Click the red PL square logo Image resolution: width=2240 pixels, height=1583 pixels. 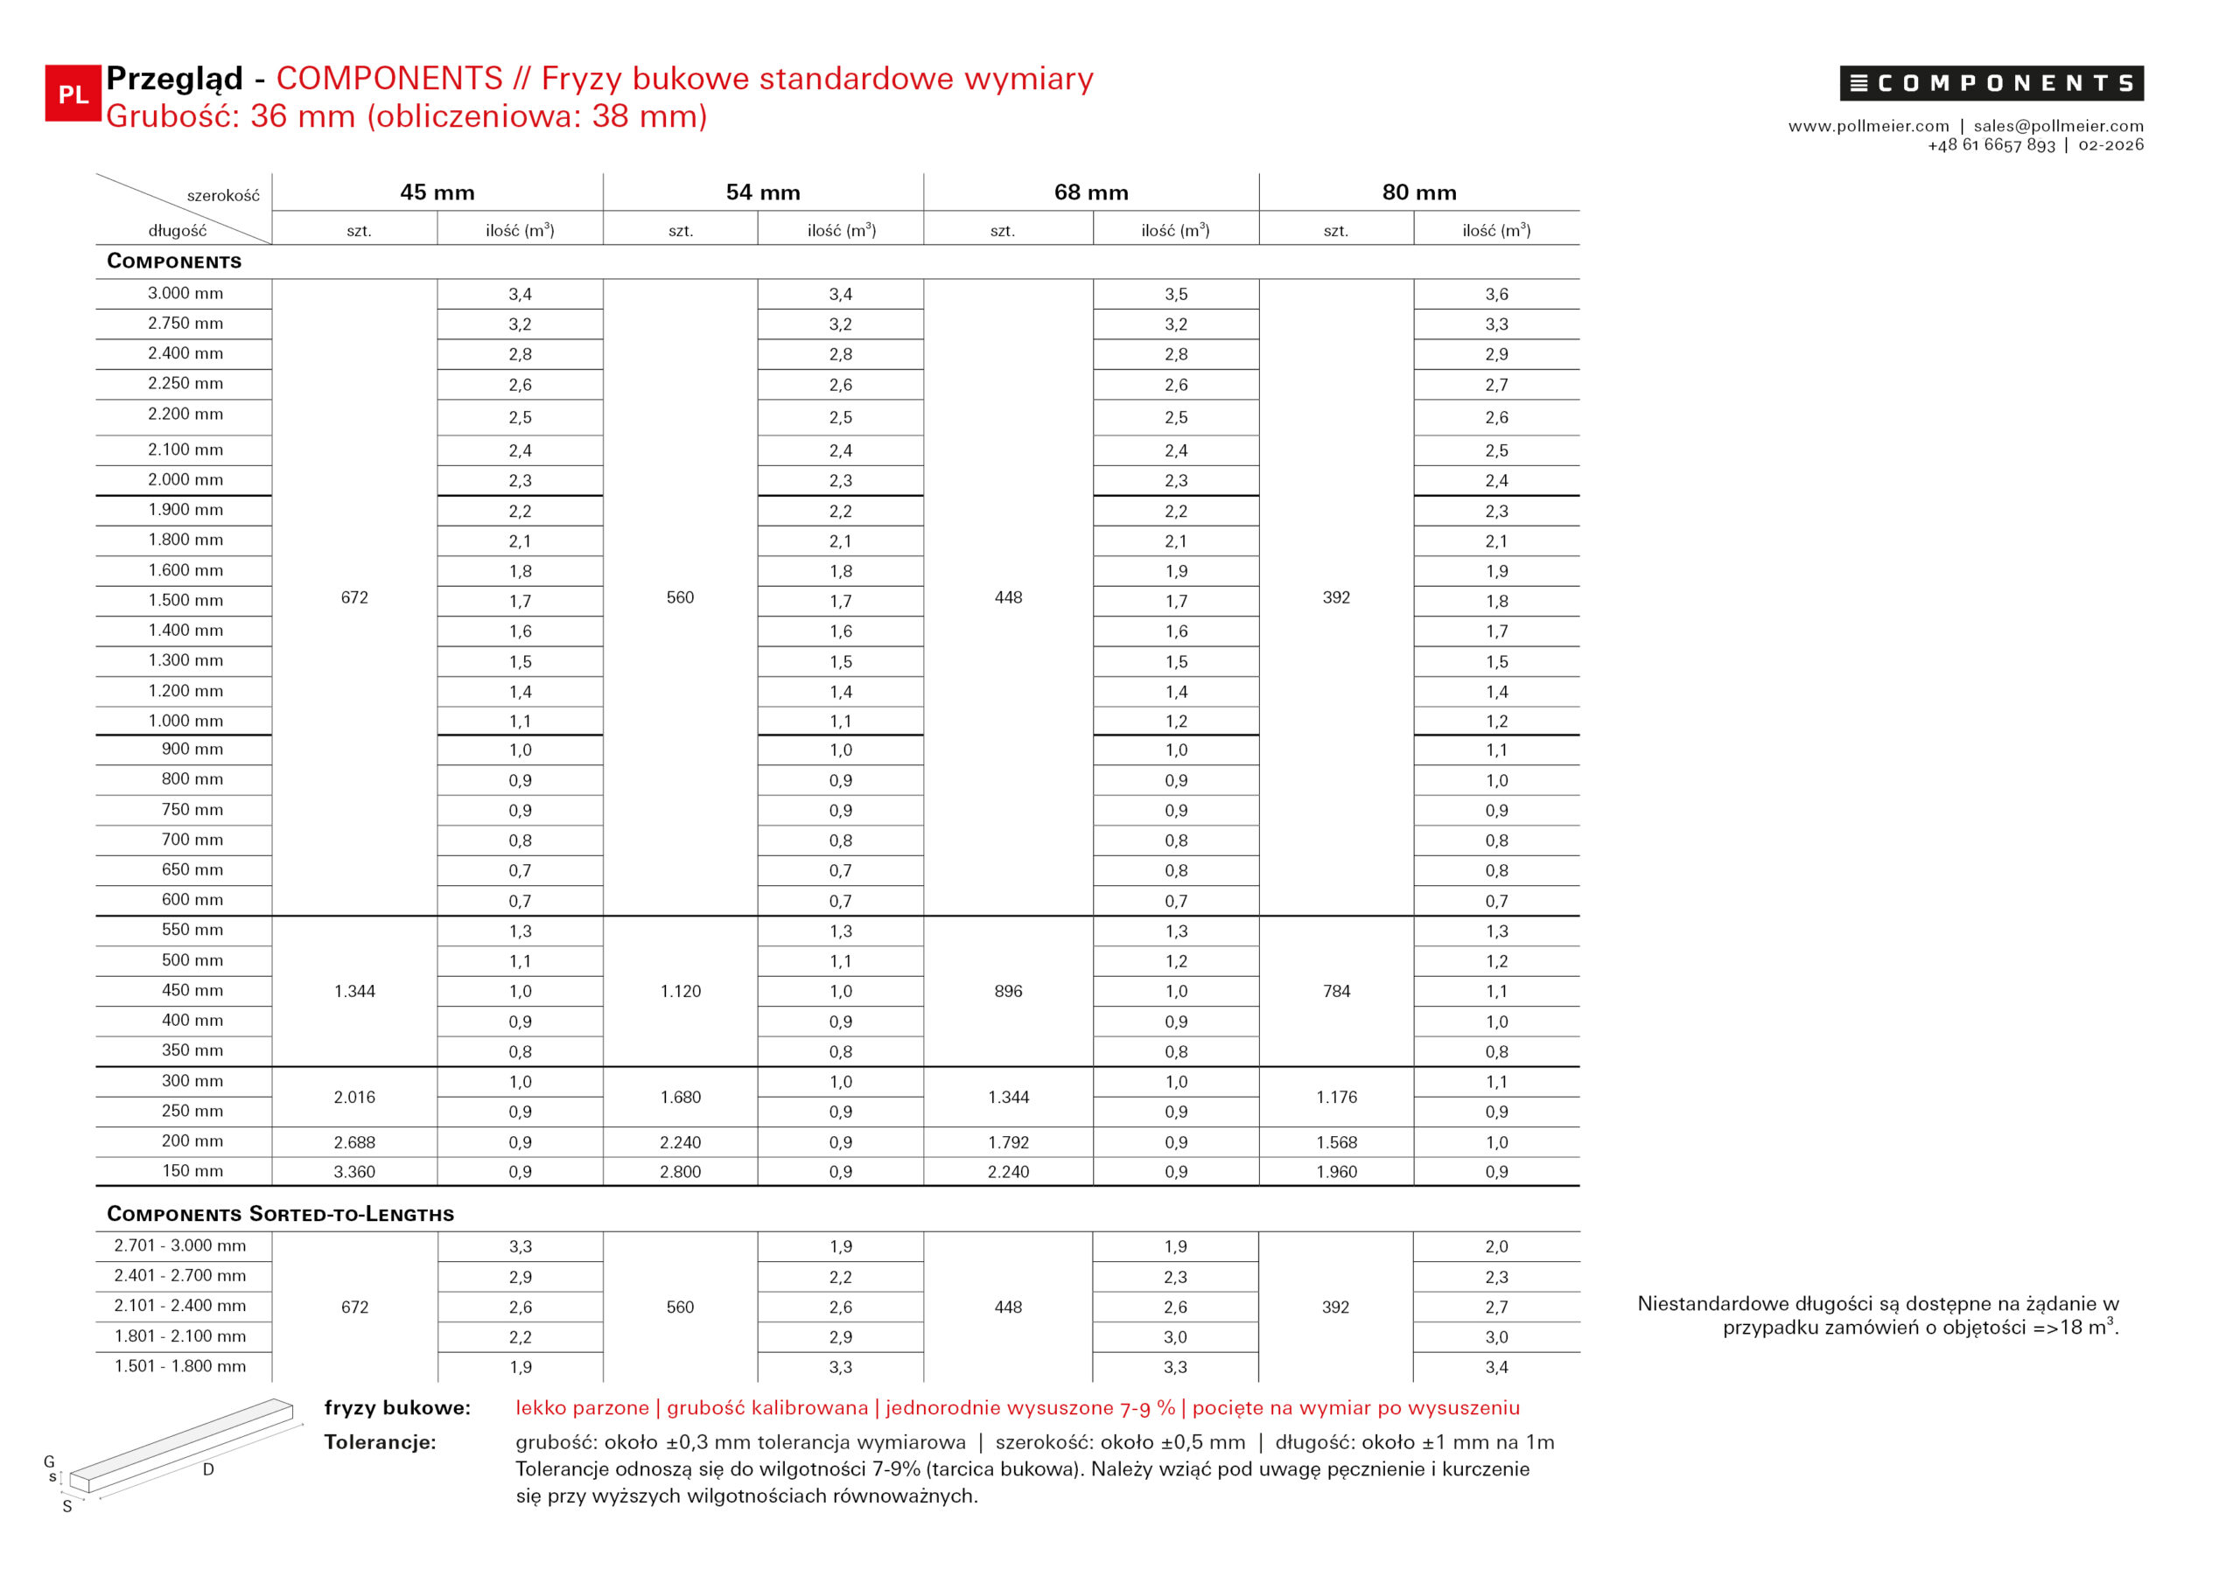pyautogui.click(x=73, y=94)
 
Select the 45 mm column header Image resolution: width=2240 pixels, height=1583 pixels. pyautogui.click(x=437, y=192)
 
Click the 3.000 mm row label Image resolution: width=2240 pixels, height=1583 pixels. pyautogui.click(x=185, y=294)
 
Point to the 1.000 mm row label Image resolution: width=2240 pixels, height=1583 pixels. pyautogui.click(x=185, y=721)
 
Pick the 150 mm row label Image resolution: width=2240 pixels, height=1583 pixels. pyautogui.click(x=192, y=1170)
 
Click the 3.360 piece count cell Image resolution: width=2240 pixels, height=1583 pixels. pyautogui.click(x=354, y=1171)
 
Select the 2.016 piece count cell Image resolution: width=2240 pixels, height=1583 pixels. pyautogui.click(x=354, y=1098)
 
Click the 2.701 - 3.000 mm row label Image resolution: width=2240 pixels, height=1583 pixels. pyautogui.click(x=179, y=1245)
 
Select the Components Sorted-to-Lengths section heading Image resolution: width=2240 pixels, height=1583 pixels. pyautogui.click(x=280, y=1213)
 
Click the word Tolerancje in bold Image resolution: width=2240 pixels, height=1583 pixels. pyautogui.click(x=380, y=1441)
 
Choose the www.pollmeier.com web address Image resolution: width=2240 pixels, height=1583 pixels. pyautogui.click(x=1868, y=126)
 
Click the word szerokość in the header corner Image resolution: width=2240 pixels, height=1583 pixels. pyautogui.click(x=223, y=196)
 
